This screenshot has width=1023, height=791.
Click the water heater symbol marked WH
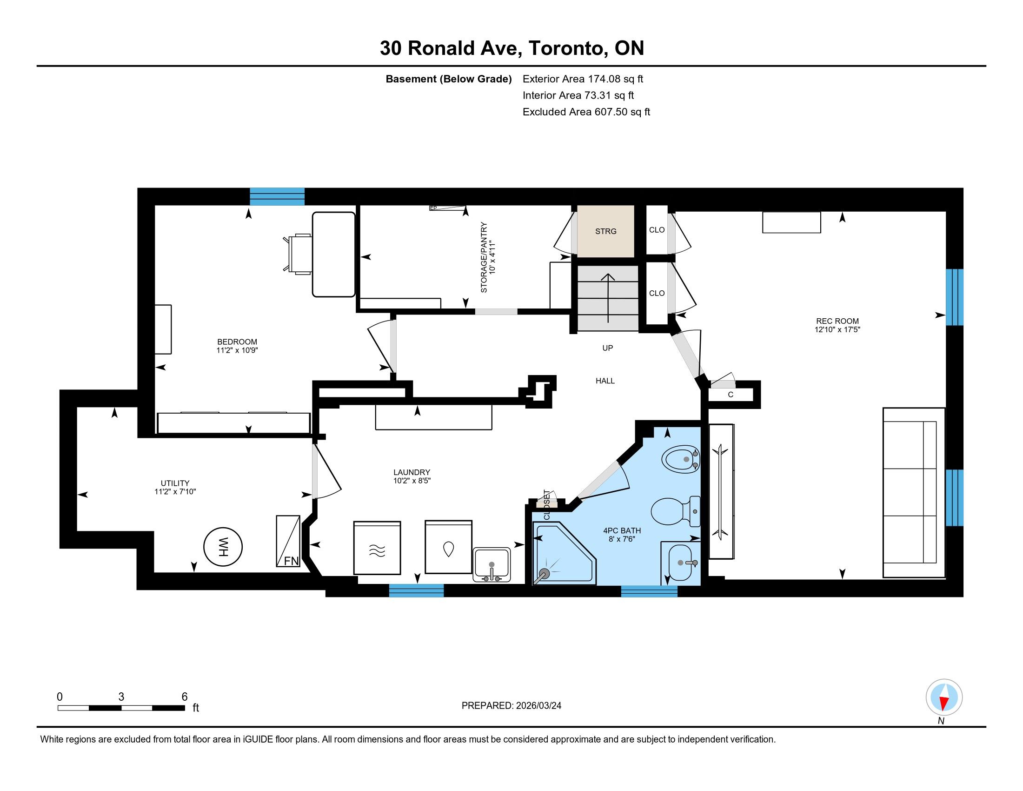223,546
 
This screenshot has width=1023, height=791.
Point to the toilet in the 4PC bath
676,511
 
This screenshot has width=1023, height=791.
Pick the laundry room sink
492,565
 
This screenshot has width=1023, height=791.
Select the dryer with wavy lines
377,548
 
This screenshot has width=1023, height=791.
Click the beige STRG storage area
605,231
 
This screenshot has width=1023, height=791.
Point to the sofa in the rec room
914,492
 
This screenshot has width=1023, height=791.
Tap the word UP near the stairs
608,348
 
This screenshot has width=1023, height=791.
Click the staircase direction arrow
608,298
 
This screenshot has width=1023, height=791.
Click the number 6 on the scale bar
185,697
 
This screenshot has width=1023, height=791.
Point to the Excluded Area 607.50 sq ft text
586,112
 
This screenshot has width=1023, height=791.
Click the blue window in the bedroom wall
277,196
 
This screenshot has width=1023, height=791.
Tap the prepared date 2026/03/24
538,706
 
